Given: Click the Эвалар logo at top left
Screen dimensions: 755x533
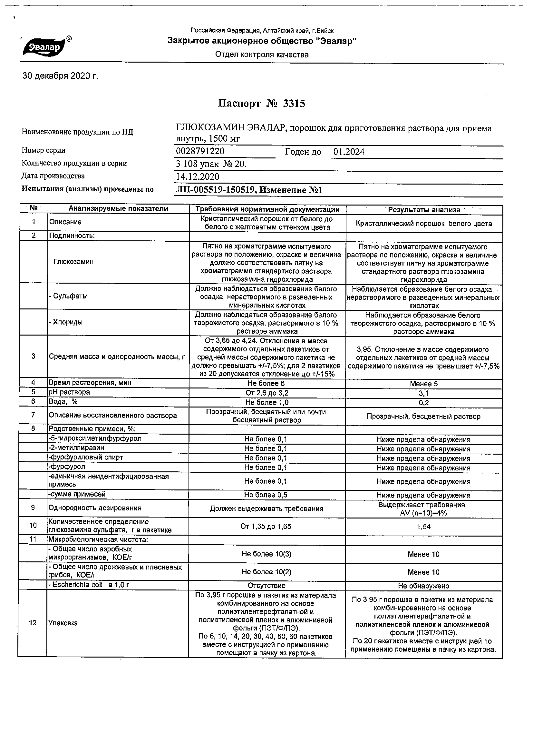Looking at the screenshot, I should coord(46,47).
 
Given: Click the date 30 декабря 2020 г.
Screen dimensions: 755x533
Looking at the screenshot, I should coord(60,76).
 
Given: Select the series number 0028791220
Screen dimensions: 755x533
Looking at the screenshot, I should coord(200,151).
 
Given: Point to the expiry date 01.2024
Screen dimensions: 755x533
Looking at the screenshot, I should coord(349,152).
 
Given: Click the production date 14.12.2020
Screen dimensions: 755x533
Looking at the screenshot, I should coord(198,176).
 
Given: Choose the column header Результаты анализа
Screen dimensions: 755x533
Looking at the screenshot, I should coord(424,210).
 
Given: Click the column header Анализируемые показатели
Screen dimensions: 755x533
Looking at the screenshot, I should coord(118,208).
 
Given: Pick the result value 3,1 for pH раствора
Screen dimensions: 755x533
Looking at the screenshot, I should coord(424,393).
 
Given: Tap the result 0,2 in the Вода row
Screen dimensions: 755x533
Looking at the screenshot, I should coord(424,403).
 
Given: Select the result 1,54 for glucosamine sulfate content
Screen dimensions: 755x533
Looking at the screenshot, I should coord(424,527).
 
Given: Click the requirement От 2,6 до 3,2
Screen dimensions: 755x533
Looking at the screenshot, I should coord(267,393).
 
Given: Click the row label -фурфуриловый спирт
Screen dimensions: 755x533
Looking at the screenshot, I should coord(86,458).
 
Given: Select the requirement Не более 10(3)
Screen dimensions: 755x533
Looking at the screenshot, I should coord(267,554).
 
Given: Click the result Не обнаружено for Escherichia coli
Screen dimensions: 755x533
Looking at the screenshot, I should coord(423,586).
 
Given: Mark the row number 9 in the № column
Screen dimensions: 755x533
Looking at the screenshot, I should coord(33,508).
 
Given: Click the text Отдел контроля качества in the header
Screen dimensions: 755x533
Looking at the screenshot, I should coord(262,55).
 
